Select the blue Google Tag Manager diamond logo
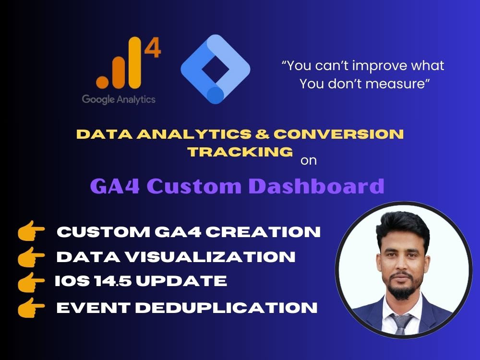(x=215, y=70)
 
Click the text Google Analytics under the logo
(x=119, y=99)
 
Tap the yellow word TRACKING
(x=240, y=152)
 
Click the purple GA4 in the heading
(x=115, y=186)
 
